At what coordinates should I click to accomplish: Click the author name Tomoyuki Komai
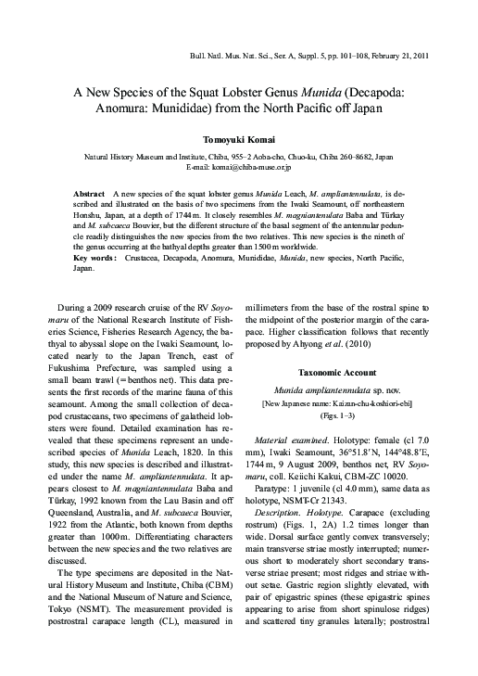238,137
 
